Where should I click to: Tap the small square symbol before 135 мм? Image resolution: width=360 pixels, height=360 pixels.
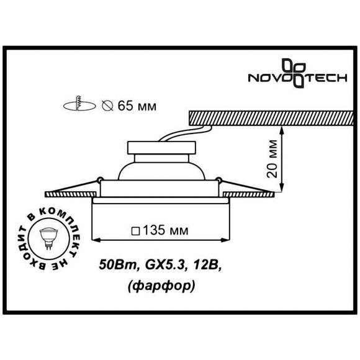point(135,232)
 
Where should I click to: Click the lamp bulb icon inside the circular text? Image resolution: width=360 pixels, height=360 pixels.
point(48,238)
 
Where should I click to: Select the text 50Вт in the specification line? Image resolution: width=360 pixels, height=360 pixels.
point(114,264)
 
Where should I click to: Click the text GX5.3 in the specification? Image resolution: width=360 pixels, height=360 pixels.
point(158,264)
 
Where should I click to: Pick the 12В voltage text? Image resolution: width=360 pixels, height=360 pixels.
point(204,264)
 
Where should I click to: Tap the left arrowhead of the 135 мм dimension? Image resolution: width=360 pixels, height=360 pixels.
point(94,239)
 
